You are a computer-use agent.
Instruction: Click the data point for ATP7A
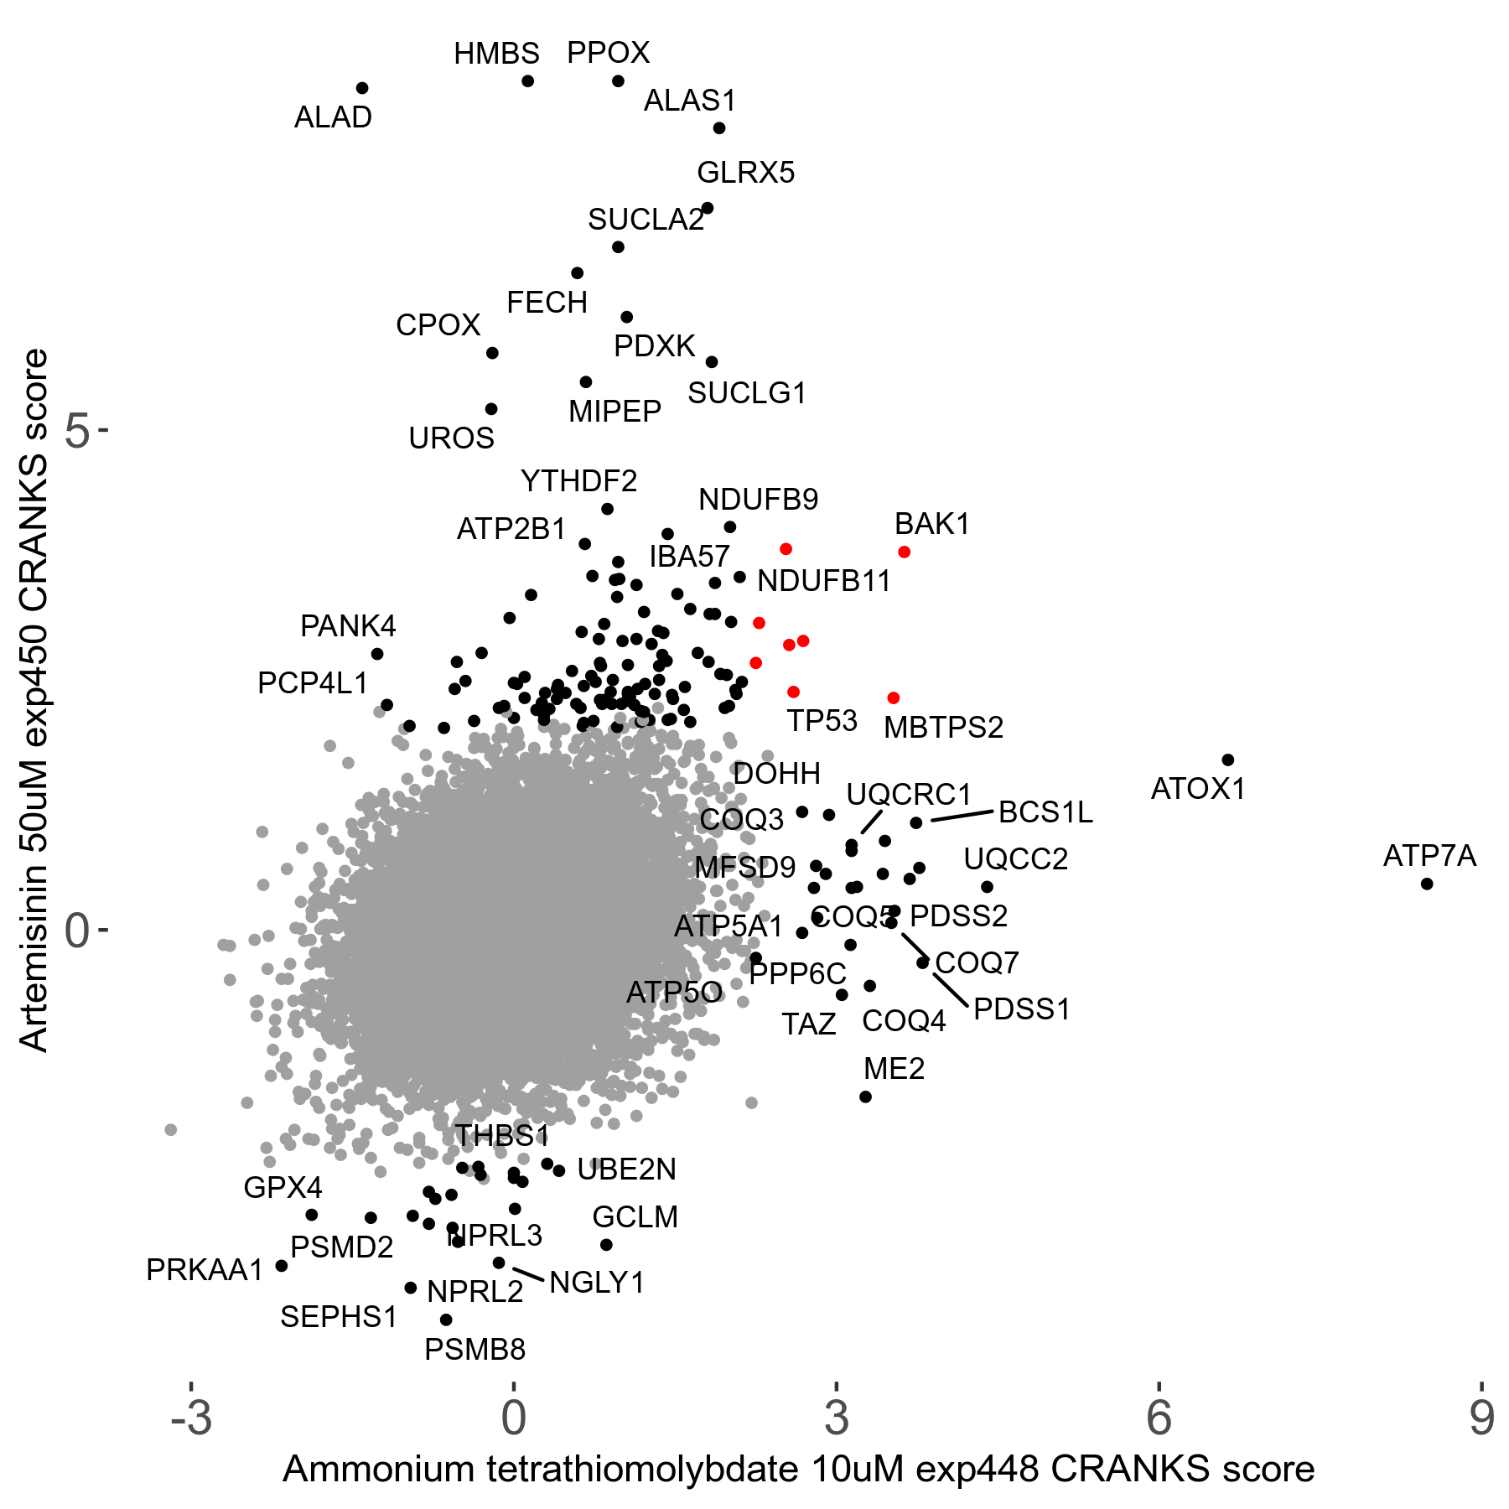tap(1427, 884)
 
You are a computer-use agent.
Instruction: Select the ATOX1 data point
tap(1228, 760)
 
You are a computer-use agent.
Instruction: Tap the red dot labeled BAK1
tap(904, 552)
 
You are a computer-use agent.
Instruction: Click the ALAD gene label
tap(333, 117)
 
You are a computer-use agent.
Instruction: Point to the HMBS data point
tap(527, 81)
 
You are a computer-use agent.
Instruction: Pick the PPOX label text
tap(608, 53)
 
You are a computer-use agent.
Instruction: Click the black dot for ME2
tap(866, 1097)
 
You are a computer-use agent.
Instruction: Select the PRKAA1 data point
tap(282, 1266)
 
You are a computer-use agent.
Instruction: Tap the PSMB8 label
tap(474, 1350)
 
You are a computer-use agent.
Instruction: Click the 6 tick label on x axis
tap(1159, 1418)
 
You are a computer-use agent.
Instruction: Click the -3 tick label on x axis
tap(191, 1418)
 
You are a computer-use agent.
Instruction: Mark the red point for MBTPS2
tap(893, 697)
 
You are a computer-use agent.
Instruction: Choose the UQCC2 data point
tap(987, 887)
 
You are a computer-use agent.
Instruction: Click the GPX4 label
tap(283, 1187)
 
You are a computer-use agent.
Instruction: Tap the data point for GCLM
tap(606, 1245)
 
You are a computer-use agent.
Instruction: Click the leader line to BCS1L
tap(962, 816)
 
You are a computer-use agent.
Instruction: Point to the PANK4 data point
tap(377, 654)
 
